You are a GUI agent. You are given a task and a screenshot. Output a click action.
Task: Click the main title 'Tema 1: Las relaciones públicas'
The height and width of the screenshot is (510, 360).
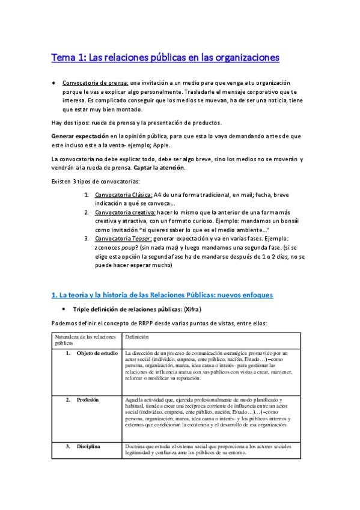click(x=165, y=58)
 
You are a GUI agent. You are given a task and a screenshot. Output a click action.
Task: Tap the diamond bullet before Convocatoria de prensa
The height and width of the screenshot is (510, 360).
click(x=54, y=82)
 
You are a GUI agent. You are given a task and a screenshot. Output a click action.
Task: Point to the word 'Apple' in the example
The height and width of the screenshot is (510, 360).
click(x=160, y=146)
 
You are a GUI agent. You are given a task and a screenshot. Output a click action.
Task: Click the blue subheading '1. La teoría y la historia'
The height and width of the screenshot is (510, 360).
click(x=162, y=295)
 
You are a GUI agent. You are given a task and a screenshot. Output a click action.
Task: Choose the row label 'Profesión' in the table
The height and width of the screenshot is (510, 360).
click(x=88, y=383)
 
